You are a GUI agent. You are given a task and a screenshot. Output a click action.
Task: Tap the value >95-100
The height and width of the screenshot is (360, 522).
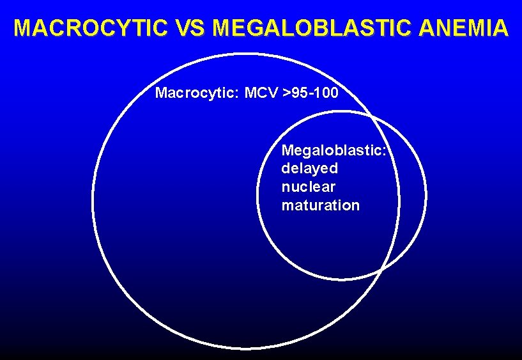point(312,93)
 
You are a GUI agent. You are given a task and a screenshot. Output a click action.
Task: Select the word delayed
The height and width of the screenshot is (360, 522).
point(310,169)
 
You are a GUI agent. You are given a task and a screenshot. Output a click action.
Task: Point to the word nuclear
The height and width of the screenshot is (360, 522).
point(309,187)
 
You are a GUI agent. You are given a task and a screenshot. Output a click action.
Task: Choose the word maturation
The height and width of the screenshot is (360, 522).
point(321,206)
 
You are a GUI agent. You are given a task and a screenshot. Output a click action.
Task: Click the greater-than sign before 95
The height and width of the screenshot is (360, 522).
point(289,93)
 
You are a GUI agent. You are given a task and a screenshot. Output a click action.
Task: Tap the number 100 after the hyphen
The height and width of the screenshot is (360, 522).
point(328,93)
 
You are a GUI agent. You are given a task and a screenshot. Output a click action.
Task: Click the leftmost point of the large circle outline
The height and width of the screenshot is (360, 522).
point(93,201)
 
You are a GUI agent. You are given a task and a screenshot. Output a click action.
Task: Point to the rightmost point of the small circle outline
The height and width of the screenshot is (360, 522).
point(426,195)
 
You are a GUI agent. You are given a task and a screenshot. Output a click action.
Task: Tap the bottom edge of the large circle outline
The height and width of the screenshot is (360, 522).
point(247,348)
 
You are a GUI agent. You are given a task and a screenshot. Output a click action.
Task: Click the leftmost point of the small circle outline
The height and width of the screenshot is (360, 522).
point(257,195)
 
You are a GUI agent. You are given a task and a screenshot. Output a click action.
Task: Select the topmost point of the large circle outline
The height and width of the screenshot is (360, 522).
point(247,54)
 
